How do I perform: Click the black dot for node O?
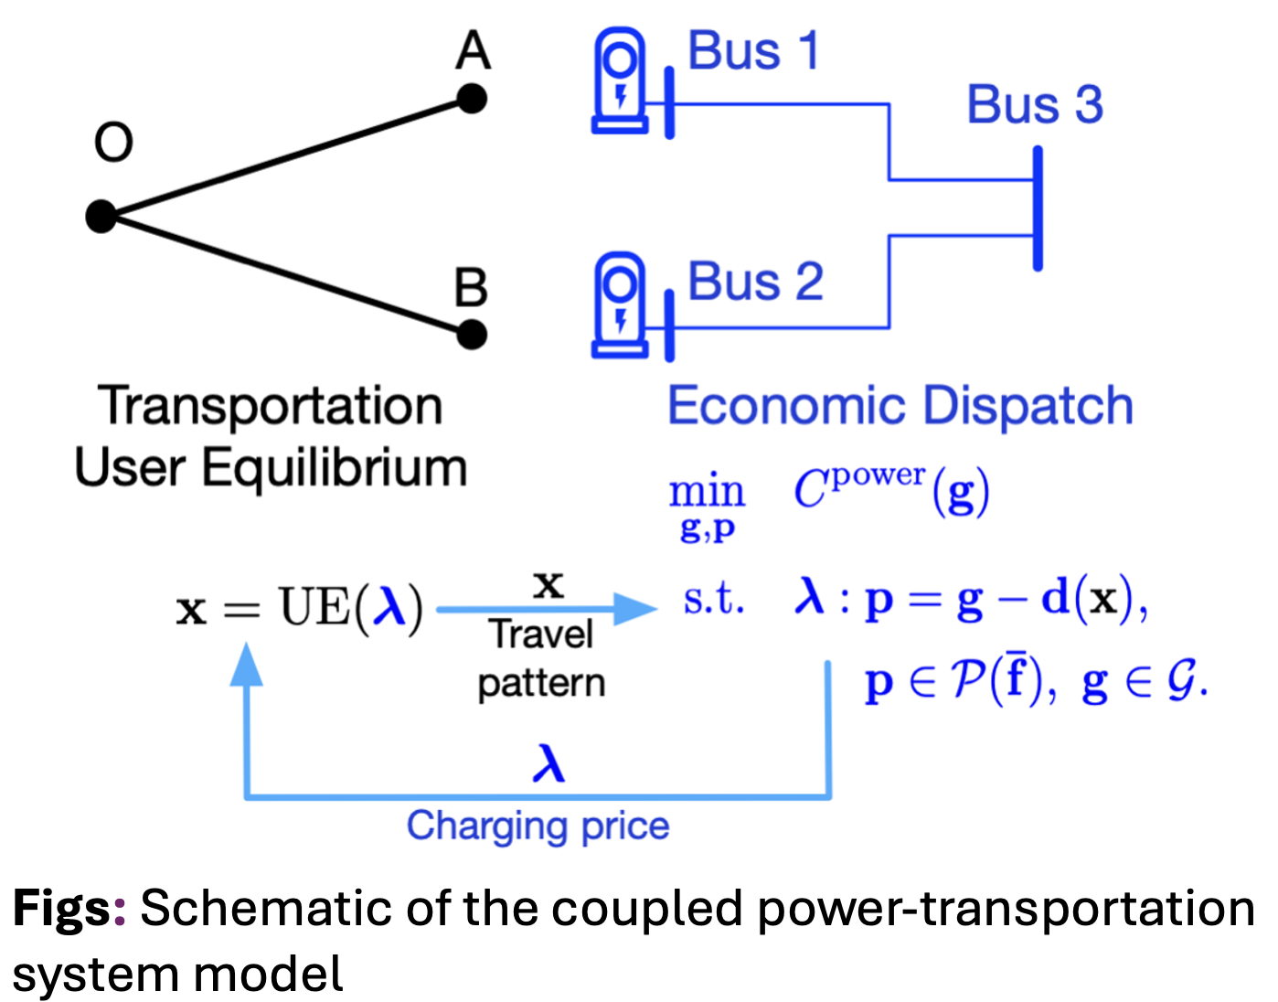[x=101, y=217]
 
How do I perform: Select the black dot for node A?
[x=472, y=99]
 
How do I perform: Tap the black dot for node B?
[x=472, y=335]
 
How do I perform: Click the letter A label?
[x=473, y=51]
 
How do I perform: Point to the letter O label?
[x=113, y=143]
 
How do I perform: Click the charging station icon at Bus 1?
[x=620, y=80]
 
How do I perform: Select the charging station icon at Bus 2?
[x=620, y=305]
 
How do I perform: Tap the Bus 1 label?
[x=753, y=51]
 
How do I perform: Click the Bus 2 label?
[x=755, y=282]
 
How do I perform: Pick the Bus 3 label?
[x=1035, y=105]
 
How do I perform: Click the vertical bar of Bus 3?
[x=1038, y=208]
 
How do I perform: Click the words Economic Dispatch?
[x=900, y=406]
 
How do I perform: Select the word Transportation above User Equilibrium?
[x=271, y=406]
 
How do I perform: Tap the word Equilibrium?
[x=334, y=468]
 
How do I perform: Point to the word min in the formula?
[x=707, y=493]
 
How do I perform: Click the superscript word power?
[x=878, y=475]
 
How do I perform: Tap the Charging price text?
[x=538, y=826]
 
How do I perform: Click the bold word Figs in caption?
[x=62, y=909]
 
